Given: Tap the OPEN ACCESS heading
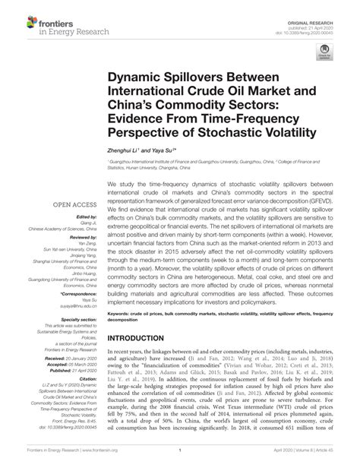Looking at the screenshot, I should pos(74,205).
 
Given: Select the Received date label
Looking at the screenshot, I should pos(58,359).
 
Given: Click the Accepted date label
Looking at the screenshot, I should pos(58,364).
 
